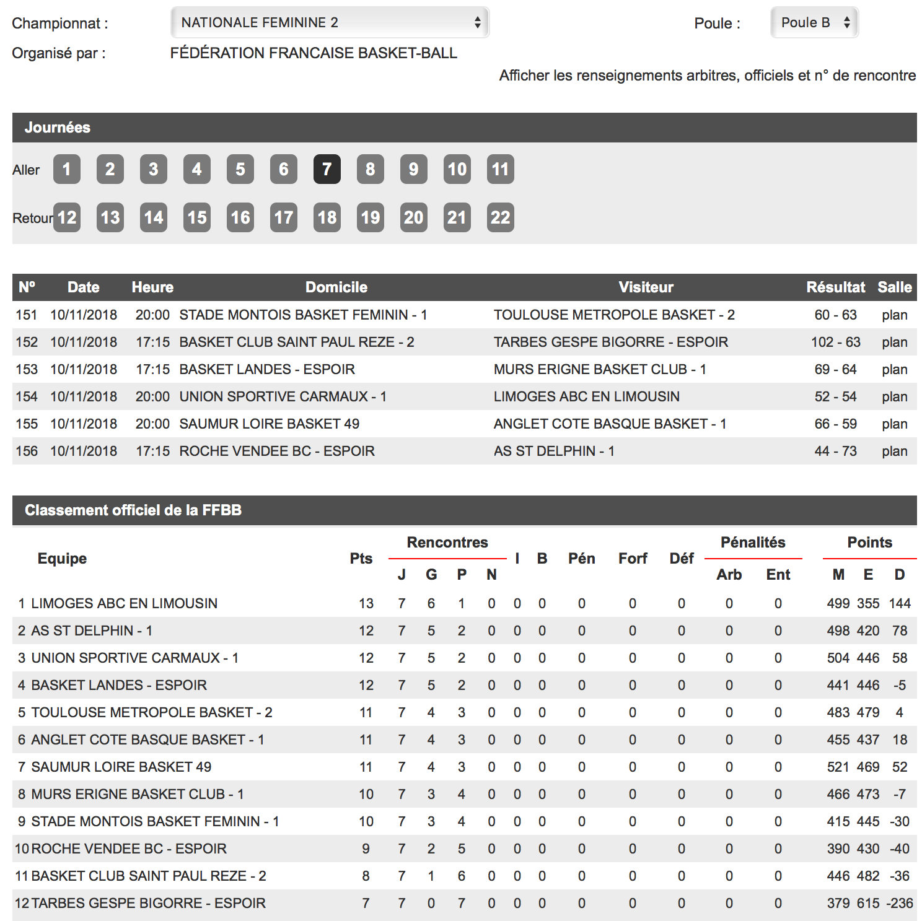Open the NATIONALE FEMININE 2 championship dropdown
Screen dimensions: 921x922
(x=329, y=23)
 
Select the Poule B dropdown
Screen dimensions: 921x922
(x=814, y=23)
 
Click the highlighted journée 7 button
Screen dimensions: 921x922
(x=327, y=169)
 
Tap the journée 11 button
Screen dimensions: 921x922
(x=500, y=169)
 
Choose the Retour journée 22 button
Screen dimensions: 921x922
(x=500, y=217)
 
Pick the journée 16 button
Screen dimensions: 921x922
(x=240, y=217)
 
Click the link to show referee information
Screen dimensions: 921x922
(x=707, y=76)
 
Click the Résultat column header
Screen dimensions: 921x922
(x=835, y=287)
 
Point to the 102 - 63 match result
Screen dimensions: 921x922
(x=835, y=342)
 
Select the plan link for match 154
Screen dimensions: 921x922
(x=894, y=396)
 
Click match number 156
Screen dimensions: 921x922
(x=27, y=451)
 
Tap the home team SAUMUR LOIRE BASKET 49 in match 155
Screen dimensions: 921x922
(x=269, y=424)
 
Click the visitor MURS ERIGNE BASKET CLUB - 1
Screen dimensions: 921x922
(x=599, y=369)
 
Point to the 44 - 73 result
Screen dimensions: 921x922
(x=835, y=451)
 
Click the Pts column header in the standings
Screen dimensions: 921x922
(x=361, y=559)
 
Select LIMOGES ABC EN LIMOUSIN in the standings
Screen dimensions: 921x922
(x=124, y=603)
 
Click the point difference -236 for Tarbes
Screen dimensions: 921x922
(x=899, y=903)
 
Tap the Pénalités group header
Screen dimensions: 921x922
(x=752, y=543)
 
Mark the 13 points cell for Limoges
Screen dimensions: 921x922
(x=366, y=603)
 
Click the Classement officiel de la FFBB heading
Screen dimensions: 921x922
(x=133, y=510)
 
